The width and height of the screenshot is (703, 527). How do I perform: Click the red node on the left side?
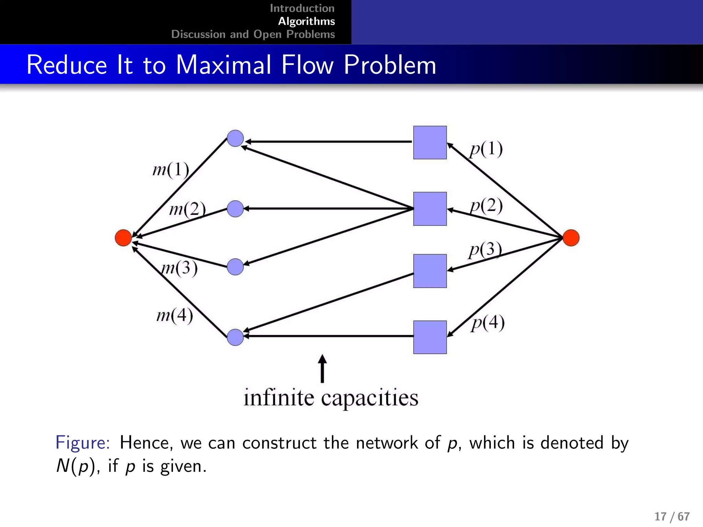tap(123, 238)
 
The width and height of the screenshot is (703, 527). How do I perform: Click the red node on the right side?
tap(571, 238)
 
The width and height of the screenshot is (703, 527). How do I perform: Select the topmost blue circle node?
tap(235, 138)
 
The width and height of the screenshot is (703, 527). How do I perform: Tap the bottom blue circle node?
tap(235, 337)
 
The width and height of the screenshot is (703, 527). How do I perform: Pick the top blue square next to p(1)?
tap(430, 142)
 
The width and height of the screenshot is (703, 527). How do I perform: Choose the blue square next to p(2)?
tap(430, 209)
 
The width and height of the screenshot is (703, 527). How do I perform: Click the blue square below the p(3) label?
tap(430, 271)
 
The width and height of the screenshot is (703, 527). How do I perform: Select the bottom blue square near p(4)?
tap(430, 337)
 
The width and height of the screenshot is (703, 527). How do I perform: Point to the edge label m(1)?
tap(171, 169)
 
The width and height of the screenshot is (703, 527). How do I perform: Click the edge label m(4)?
tap(174, 315)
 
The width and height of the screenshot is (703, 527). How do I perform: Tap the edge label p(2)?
tap(486, 206)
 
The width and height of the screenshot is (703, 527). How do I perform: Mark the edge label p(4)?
tap(487, 323)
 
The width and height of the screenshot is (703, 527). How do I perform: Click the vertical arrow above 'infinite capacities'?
tap(322, 369)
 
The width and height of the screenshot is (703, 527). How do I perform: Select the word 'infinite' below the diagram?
tap(278, 398)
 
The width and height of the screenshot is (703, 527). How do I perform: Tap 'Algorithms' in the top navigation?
tap(306, 21)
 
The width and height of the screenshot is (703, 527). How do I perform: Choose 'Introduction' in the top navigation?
tap(302, 8)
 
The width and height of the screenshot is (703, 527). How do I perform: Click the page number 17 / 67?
tap(672, 516)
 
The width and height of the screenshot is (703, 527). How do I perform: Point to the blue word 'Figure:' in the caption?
tap(82, 443)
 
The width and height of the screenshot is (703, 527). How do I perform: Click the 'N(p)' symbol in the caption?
tap(75, 466)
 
